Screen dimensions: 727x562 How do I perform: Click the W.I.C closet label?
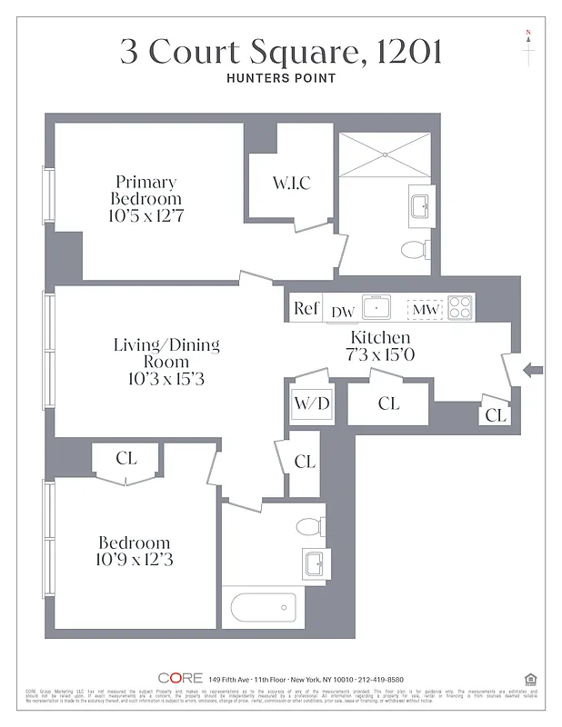(x=291, y=184)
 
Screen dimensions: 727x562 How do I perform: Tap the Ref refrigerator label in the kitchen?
(x=306, y=309)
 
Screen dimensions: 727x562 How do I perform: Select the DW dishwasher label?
(x=342, y=312)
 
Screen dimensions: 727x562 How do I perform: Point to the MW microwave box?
(x=424, y=310)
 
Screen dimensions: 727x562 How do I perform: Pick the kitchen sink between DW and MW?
(x=376, y=309)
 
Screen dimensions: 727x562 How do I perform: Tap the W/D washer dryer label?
(x=310, y=403)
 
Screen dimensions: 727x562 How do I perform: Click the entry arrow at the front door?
(x=533, y=370)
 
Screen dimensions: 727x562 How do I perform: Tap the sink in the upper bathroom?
(x=421, y=206)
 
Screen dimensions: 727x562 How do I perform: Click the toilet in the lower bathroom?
(x=306, y=526)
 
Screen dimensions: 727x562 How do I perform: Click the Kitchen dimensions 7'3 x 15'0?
(x=381, y=355)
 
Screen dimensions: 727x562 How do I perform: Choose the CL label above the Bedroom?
(x=126, y=459)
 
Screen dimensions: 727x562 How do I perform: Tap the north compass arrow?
(x=528, y=47)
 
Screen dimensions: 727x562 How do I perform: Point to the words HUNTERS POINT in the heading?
(x=281, y=78)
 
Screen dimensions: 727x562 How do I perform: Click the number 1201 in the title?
(x=406, y=51)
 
